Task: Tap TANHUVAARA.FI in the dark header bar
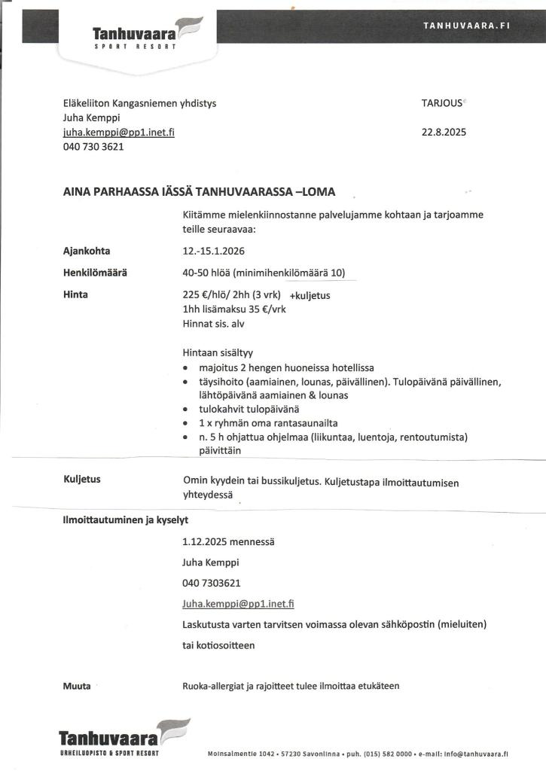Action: coord(467,25)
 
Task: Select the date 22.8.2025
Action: coord(444,132)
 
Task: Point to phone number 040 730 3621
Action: coord(93,147)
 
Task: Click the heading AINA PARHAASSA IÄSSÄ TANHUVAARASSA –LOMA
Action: coord(199,191)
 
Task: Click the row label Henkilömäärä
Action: coord(95,273)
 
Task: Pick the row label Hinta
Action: coord(75,294)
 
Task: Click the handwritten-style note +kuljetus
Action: coord(310,296)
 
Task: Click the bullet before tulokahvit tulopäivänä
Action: coord(185,409)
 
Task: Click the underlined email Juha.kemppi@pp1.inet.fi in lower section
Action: coord(238,603)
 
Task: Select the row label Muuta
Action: coord(77,686)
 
